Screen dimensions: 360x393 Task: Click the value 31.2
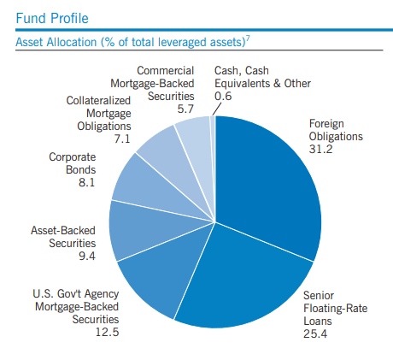coord(324,149)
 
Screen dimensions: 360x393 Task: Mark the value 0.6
coord(225,97)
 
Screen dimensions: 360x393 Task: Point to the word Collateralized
coord(98,101)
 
